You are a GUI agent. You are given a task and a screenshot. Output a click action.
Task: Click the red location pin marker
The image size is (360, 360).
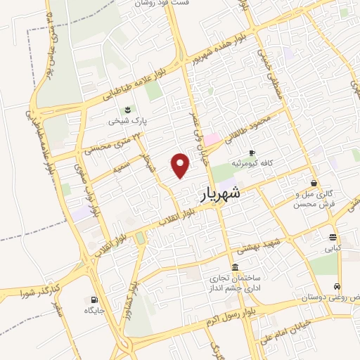click(181, 164)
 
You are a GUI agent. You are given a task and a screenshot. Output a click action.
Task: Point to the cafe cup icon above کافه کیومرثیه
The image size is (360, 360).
click(252, 153)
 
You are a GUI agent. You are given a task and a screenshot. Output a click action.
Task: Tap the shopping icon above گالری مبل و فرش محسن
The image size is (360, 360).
click(314, 182)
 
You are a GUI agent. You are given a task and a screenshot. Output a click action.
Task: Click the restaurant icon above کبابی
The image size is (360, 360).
click(332, 237)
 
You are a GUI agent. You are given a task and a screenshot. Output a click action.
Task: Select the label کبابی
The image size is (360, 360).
click(332, 248)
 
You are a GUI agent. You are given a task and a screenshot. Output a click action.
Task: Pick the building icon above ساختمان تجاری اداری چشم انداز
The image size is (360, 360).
click(234, 267)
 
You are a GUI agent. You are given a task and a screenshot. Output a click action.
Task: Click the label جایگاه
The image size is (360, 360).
click(94, 310)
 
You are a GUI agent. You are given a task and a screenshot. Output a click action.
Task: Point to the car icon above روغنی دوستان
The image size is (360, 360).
click(338, 287)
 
